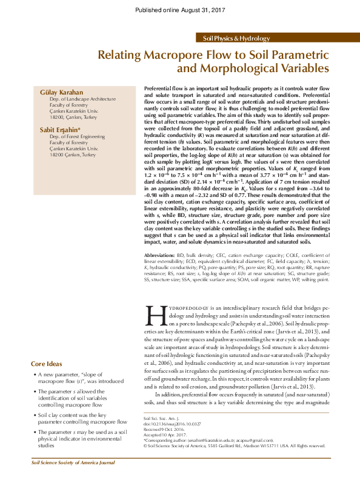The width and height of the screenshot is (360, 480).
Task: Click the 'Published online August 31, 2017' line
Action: click(180, 9)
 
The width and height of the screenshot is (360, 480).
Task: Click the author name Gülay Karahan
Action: click(60, 92)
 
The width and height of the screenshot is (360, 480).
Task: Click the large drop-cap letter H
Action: click(156, 317)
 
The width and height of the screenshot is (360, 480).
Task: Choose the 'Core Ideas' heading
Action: click(46, 364)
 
